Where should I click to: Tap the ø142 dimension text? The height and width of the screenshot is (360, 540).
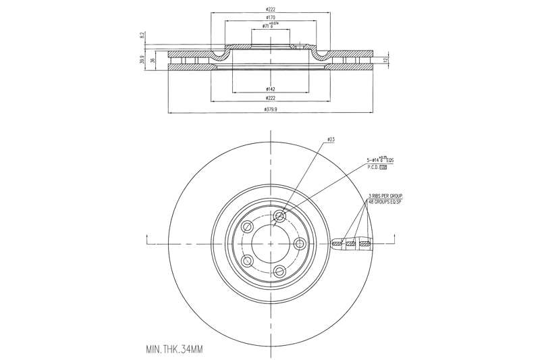(269, 89)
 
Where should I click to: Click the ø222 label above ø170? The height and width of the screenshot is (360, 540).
(270, 8)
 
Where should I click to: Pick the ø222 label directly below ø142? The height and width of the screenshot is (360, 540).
(269, 99)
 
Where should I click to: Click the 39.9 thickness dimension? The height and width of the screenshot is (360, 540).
(142, 61)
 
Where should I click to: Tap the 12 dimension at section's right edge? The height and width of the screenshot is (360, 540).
(385, 61)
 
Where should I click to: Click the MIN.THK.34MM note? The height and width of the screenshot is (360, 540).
(174, 350)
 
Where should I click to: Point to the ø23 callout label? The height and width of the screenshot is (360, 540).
(331, 139)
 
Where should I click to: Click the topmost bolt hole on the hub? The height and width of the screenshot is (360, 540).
(279, 217)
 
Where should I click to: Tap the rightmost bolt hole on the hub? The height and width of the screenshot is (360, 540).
(300, 243)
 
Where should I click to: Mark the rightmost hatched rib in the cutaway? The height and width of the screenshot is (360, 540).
(365, 243)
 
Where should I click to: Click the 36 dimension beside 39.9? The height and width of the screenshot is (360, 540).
(153, 61)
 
